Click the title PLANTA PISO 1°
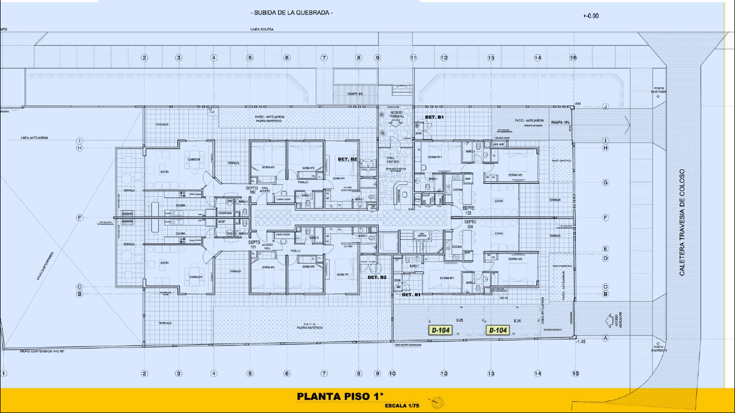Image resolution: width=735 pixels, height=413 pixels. click(x=340, y=397)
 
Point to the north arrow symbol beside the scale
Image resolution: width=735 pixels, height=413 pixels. click(x=436, y=402)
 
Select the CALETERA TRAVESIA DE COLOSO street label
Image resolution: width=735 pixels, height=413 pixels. click(x=682, y=223)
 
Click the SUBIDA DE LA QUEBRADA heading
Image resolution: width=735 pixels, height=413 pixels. click(x=292, y=12)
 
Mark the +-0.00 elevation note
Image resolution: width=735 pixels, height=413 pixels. click(x=590, y=16)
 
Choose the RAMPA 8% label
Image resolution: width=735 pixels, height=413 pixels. click(x=355, y=94)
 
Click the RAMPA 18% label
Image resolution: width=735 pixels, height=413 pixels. click(x=560, y=123)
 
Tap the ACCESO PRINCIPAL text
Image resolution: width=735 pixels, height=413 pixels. click(x=395, y=115)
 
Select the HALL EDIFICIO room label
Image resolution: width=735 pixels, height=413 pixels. click(x=393, y=160)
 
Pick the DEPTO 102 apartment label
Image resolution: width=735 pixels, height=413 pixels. click(x=252, y=191)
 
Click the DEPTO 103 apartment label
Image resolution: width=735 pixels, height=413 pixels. click(x=469, y=210)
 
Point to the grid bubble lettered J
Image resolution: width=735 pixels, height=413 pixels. click(x=605, y=107)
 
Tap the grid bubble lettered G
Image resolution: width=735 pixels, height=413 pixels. click(x=605, y=182)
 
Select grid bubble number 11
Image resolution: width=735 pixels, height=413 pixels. click(x=413, y=58)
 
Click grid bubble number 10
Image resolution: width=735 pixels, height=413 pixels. click(x=392, y=373)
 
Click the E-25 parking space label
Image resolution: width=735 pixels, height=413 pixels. click(x=460, y=321)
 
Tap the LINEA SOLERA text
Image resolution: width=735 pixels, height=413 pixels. click(x=262, y=29)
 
